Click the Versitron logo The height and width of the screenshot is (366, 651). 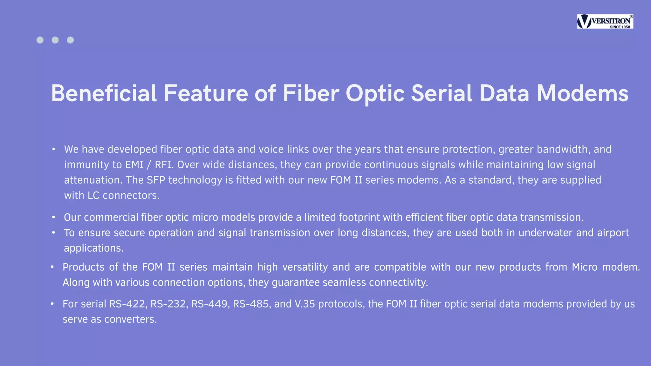605,21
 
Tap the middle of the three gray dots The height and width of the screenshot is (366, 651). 55,40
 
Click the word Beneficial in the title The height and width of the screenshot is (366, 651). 104,93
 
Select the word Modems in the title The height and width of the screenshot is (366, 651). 582,93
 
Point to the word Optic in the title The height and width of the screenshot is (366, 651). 375,93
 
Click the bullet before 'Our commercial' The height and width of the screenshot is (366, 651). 53,217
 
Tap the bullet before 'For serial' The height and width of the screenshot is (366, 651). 52,304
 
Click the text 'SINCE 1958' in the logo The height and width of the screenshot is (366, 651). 620,27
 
